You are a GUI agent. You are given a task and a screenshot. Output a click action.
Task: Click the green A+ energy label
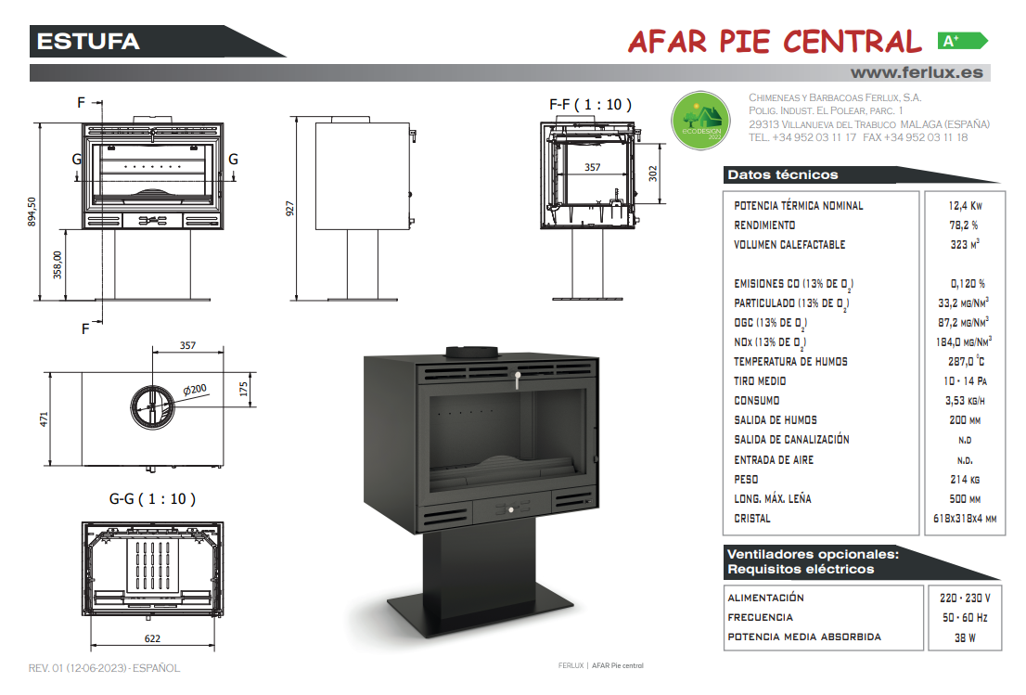click(962, 41)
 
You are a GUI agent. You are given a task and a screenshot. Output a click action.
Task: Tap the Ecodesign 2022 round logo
click(700, 121)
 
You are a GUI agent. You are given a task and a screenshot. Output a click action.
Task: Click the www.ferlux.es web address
click(917, 72)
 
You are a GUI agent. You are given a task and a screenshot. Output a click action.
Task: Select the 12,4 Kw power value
click(965, 205)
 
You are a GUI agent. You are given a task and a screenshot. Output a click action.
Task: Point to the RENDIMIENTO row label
click(764, 225)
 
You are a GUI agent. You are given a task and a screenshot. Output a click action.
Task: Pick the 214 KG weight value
click(965, 480)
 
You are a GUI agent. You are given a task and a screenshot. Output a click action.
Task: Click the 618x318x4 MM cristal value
click(965, 519)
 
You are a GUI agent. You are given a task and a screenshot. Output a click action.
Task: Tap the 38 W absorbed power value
click(965, 637)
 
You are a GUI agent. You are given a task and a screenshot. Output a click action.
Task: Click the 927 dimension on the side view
click(289, 209)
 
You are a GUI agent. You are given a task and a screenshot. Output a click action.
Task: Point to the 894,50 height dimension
click(32, 212)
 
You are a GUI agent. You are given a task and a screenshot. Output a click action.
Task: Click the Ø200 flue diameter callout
click(194, 390)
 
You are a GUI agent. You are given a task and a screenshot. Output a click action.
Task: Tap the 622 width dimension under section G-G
click(152, 638)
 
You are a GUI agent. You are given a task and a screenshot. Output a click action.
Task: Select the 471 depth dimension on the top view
click(44, 418)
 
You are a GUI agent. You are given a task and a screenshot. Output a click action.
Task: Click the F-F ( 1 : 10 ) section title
click(590, 105)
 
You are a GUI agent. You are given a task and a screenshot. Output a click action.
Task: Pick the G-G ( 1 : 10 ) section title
click(152, 499)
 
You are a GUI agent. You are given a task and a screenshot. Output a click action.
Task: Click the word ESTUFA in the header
click(88, 41)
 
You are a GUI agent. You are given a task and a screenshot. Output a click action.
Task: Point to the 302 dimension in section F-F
click(652, 174)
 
